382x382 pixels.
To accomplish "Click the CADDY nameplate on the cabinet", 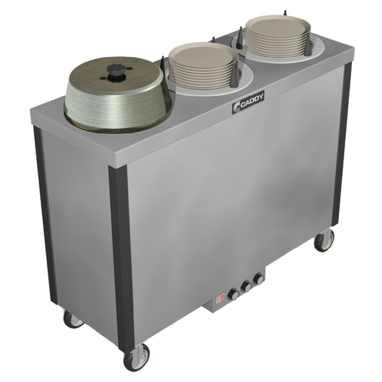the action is [248, 101].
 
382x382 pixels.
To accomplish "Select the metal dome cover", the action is [118, 95].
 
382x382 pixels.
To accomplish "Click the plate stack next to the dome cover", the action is [203, 66].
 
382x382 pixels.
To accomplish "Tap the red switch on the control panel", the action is [221, 299].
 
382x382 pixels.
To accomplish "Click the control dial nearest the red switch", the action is [233, 294].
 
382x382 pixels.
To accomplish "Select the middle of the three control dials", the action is [246, 287].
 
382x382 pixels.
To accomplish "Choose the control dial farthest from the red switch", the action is [258, 279].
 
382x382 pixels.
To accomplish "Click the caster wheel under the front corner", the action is [137, 357].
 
